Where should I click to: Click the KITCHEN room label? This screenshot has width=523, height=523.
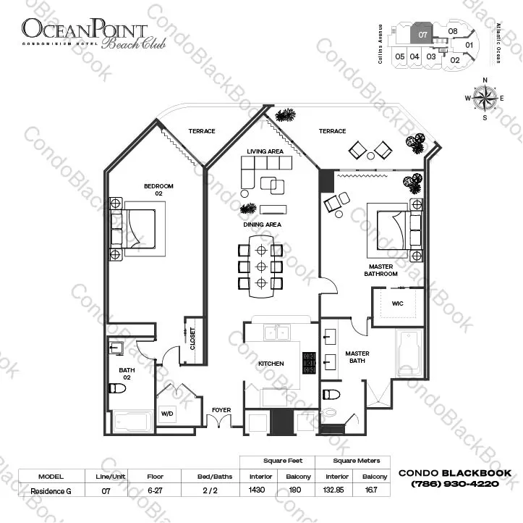click(271, 364)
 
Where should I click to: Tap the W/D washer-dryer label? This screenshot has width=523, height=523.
click(167, 414)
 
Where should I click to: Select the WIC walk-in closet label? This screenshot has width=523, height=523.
click(397, 304)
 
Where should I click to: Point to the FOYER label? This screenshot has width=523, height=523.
click(221, 410)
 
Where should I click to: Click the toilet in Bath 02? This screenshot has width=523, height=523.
click(117, 388)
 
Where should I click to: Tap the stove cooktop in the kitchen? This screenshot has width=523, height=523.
click(309, 363)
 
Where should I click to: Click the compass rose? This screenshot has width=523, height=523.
click(485, 99)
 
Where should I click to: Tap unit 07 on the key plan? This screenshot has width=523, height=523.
click(422, 34)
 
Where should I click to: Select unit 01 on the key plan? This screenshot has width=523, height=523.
click(469, 45)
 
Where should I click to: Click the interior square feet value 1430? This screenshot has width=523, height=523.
click(257, 490)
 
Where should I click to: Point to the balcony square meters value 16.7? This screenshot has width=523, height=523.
click(371, 490)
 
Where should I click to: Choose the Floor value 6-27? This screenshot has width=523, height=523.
click(155, 490)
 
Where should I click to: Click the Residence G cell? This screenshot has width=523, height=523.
click(51, 491)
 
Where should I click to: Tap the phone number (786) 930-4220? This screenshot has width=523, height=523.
click(455, 484)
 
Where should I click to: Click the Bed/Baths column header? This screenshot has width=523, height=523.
click(214, 477)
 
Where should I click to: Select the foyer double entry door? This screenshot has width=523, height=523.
click(218, 421)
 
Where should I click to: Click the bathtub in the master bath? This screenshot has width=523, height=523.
click(409, 353)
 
